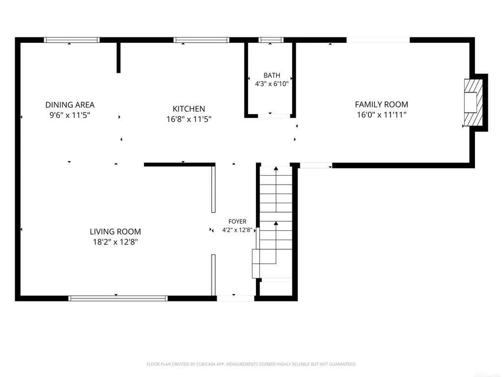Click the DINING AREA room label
pyautogui.click(x=70, y=105)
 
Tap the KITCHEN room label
pyautogui.click(x=189, y=109)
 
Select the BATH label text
pyautogui.click(x=272, y=75)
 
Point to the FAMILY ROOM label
pyautogui.click(x=381, y=105)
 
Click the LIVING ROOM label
pyautogui.click(x=115, y=232)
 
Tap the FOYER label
pyautogui.click(x=237, y=221)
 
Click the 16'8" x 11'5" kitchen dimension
pyautogui.click(x=189, y=119)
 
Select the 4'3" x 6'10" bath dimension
pyautogui.click(x=272, y=84)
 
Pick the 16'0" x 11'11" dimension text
pyautogui.click(x=381, y=115)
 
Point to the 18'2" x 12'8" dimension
pyautogui.click(x=115, y=242)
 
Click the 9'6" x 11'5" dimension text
pyautogui.click(x=70, y=115)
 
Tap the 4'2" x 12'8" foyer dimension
pyautogui.click(x=237, y=230)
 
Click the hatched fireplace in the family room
pyautogui.click(x=473, y=102)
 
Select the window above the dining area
pyautogui.click(x=72, y=40)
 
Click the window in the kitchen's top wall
pyautogui.click(x=201, y=40)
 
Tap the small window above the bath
pyautogui.click(x=271, y=40)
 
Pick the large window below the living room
pyautogui.click(x=118, y=298)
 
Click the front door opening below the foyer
pyautogui.click(x=235, y=298)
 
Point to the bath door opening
pyautogui.click(x=274, y=116)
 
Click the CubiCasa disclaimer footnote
pyautogui.click(x=251, y=364)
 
